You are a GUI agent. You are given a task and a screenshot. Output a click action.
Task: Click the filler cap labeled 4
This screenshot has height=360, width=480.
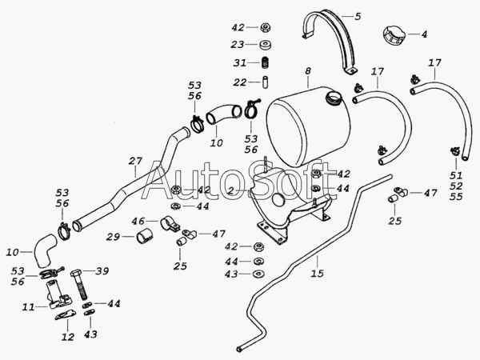coord(393,35)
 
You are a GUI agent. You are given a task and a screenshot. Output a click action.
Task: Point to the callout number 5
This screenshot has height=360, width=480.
coord(358,16)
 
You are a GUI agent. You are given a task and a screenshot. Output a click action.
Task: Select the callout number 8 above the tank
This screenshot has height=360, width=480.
coord(308,71)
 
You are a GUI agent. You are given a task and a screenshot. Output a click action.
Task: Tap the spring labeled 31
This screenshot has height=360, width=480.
coord(266,63)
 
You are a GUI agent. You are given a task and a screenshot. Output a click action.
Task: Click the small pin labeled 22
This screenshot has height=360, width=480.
coord(265,82)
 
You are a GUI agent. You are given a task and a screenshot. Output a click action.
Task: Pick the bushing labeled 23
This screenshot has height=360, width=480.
coord(265,45)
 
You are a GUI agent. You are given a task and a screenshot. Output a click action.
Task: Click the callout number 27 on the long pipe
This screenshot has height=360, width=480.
coord(135,161)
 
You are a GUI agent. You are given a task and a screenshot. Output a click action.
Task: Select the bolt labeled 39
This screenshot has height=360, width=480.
coord(81,284)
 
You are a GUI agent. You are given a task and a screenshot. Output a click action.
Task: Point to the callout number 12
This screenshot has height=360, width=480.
coord(68,337)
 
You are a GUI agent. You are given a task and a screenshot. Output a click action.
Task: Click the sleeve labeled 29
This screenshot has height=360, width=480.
coord(145,236)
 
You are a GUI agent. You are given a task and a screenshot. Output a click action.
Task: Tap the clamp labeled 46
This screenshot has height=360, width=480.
coord(169,223)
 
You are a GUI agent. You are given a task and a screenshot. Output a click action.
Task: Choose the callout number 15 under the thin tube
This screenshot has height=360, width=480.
coord(317,274)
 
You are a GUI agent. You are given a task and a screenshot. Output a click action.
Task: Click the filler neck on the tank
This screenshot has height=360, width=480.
coord(334,98)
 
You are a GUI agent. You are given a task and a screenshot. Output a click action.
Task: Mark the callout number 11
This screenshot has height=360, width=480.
coord(28,306)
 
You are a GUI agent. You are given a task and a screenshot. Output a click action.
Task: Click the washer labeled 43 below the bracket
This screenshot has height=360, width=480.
coord(258,274)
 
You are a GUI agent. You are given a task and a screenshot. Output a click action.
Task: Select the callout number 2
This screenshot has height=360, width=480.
coord(231,191)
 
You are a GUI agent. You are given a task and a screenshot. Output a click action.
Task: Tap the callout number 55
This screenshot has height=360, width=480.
coord(456,197)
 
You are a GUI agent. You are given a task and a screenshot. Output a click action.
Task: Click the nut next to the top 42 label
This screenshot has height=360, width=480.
coord(265,27)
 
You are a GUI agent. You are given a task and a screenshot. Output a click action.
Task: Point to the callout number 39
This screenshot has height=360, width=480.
coord(102,271)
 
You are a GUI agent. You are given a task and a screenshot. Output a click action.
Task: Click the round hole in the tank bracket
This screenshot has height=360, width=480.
coord(278,200)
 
